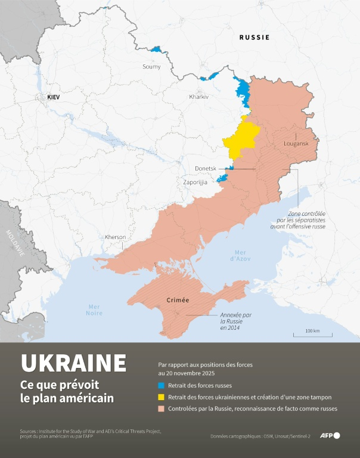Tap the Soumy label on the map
tap(151, 67)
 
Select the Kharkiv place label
tap(198, 97)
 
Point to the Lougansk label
tap(296, 144)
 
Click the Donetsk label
tap(206, 169)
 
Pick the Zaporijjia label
tap(195, 182)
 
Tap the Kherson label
tap(115, 237)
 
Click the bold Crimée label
tap(178, 301)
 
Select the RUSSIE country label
tap(255, 37)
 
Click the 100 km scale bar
tap(312, 334)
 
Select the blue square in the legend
tap(161, 385)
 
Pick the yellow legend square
tap(161, 397)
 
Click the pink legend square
tap(161, 409)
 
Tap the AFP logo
tap(330, 435)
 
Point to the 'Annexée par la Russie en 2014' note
tap(232, 322)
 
